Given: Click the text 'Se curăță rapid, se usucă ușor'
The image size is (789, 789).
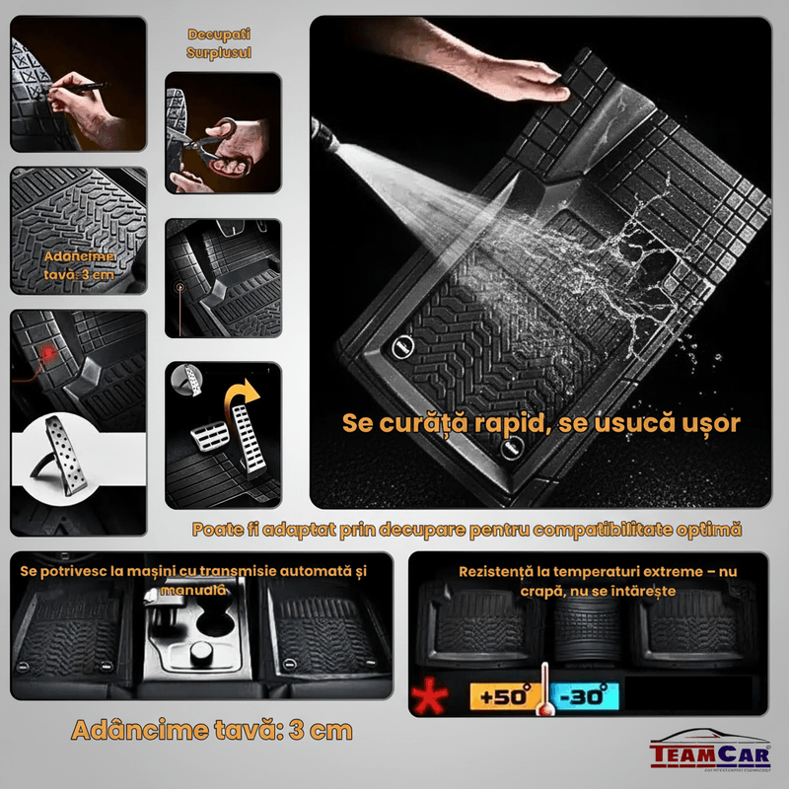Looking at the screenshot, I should click(540, 423).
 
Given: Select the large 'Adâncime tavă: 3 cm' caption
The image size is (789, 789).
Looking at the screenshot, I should click(212, 731).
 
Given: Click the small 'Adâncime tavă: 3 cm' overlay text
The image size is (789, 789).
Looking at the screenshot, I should click(79, 264).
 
